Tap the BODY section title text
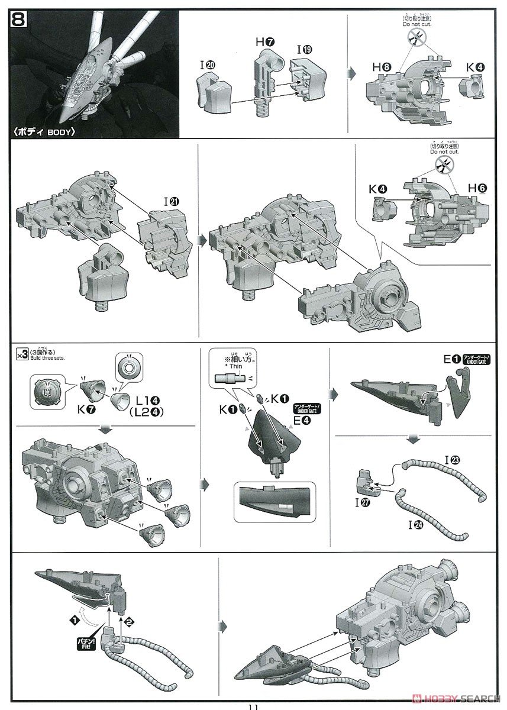coord(47,131)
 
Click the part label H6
coord(477,188)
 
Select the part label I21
coord(172,201)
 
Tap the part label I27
coord(361,503)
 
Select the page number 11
coord(253,706)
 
